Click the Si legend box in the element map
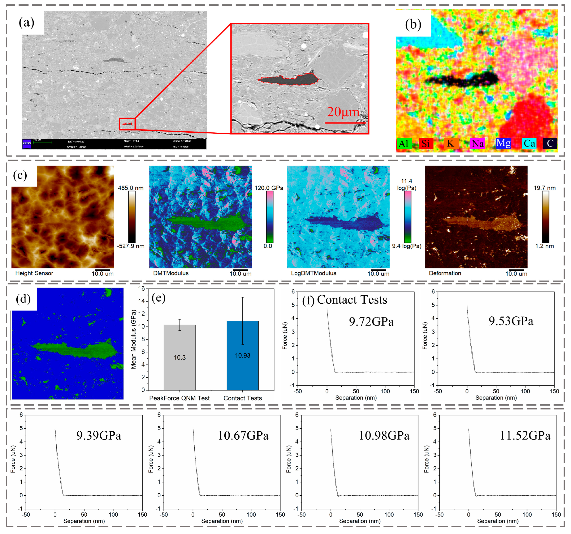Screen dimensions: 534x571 click(425, 143)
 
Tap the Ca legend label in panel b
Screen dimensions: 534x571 click(529, 143)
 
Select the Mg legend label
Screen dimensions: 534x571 click(503, 143)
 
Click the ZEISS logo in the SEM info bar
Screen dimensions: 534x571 click(27, 144)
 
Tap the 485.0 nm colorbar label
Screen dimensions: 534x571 click(131, 188)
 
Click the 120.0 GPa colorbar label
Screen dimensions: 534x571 click(269, 188)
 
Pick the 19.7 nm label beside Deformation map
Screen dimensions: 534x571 click(545, 188)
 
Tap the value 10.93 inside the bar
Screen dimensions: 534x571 click(243, 355)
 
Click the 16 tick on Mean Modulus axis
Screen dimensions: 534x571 click(142, 289)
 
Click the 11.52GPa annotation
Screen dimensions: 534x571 click(525, 436)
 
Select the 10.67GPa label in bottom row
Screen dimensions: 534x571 click(243, 436)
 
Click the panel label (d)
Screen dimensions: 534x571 click(23, 299)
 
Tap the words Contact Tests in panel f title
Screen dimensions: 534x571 click(352, 300)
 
